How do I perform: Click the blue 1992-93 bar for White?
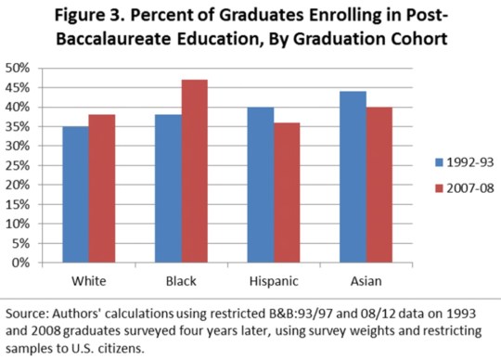pyautogui.click(x=76, y=195)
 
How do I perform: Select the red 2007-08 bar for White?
pyautogui.click(x=102, y=188)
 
